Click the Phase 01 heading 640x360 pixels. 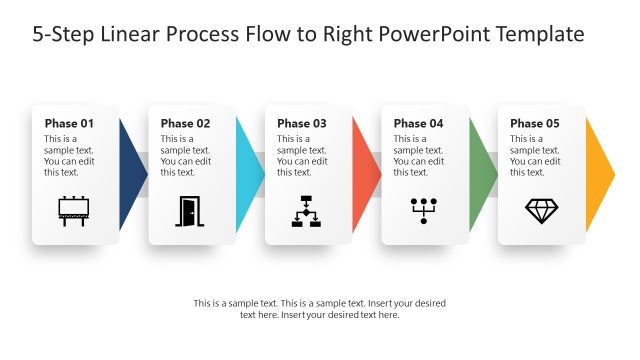pos(69,124)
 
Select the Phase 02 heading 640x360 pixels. pos(185,124)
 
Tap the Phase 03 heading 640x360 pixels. pos(302,124)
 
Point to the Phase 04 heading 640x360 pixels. pos(418,124)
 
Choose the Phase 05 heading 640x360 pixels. pos(535,124)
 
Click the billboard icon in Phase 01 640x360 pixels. pos(75,211)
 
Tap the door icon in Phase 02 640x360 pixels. pos(188,211)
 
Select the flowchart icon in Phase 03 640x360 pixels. pos(307,211)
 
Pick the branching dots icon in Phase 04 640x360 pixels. pos(424,210)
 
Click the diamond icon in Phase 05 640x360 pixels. pos(541,210)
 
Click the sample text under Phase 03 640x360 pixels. pos(301,155)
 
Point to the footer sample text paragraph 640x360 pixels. pos(320,308)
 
